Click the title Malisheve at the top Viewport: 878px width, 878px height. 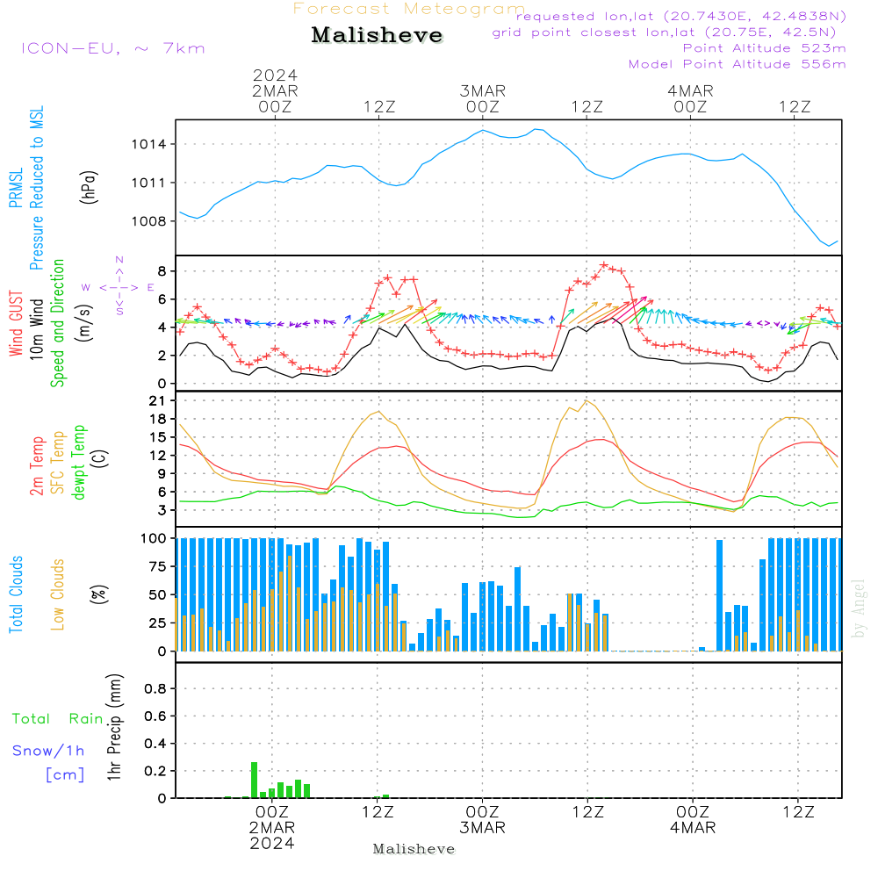pos(377,35)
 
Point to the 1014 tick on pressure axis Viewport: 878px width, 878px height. pos(149,145)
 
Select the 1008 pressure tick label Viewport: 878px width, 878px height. pos(149,221)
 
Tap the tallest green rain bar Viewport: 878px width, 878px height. pos(255,780)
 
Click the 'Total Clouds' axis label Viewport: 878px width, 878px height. pos(16,594)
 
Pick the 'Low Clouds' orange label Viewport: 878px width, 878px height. pos(58,594)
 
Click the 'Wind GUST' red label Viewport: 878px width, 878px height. pos(16,323)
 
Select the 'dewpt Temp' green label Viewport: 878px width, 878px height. pos(78,462)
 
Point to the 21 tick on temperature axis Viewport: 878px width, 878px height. pos(157,401)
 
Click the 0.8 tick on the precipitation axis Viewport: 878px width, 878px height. pos(155,688)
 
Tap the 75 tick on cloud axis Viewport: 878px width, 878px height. pos(158,566)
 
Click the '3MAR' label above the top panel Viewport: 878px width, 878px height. pos(483,91)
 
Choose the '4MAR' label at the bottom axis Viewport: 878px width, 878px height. pos(693,828)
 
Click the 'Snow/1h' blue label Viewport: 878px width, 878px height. pos(48,751)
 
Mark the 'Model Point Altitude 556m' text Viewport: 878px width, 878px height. pos(737,64)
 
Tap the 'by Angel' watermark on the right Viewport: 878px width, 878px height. pos(859,608)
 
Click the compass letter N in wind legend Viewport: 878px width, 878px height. pos(119,260)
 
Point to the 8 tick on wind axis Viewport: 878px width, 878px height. pos(162,271)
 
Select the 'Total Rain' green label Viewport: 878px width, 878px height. pos(58,719)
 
